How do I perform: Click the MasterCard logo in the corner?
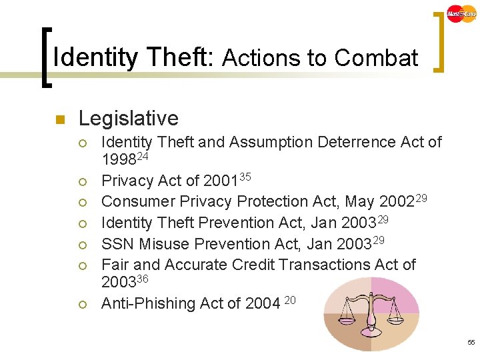coord(462,13)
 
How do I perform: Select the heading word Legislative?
coord(129,119)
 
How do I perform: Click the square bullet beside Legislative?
coord(58,120)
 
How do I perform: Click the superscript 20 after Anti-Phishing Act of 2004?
coord(290,301)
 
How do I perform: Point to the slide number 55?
coord(471,343)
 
